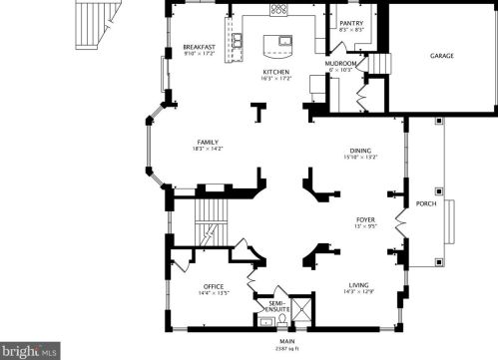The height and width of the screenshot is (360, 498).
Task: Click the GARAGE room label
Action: [442, 56]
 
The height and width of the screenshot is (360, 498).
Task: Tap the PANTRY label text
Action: [350, 22]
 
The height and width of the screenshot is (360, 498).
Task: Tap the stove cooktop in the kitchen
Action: [278, 10]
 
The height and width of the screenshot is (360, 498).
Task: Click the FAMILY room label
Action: [208, 142]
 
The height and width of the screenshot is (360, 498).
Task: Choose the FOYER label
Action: [365, 218]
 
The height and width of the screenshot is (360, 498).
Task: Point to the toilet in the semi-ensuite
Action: [281, 320]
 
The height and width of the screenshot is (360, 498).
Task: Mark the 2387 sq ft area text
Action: [272, 348]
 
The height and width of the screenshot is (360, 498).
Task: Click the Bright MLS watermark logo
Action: [30, 351]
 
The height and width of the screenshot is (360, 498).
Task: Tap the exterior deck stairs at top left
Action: [96, 27]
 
